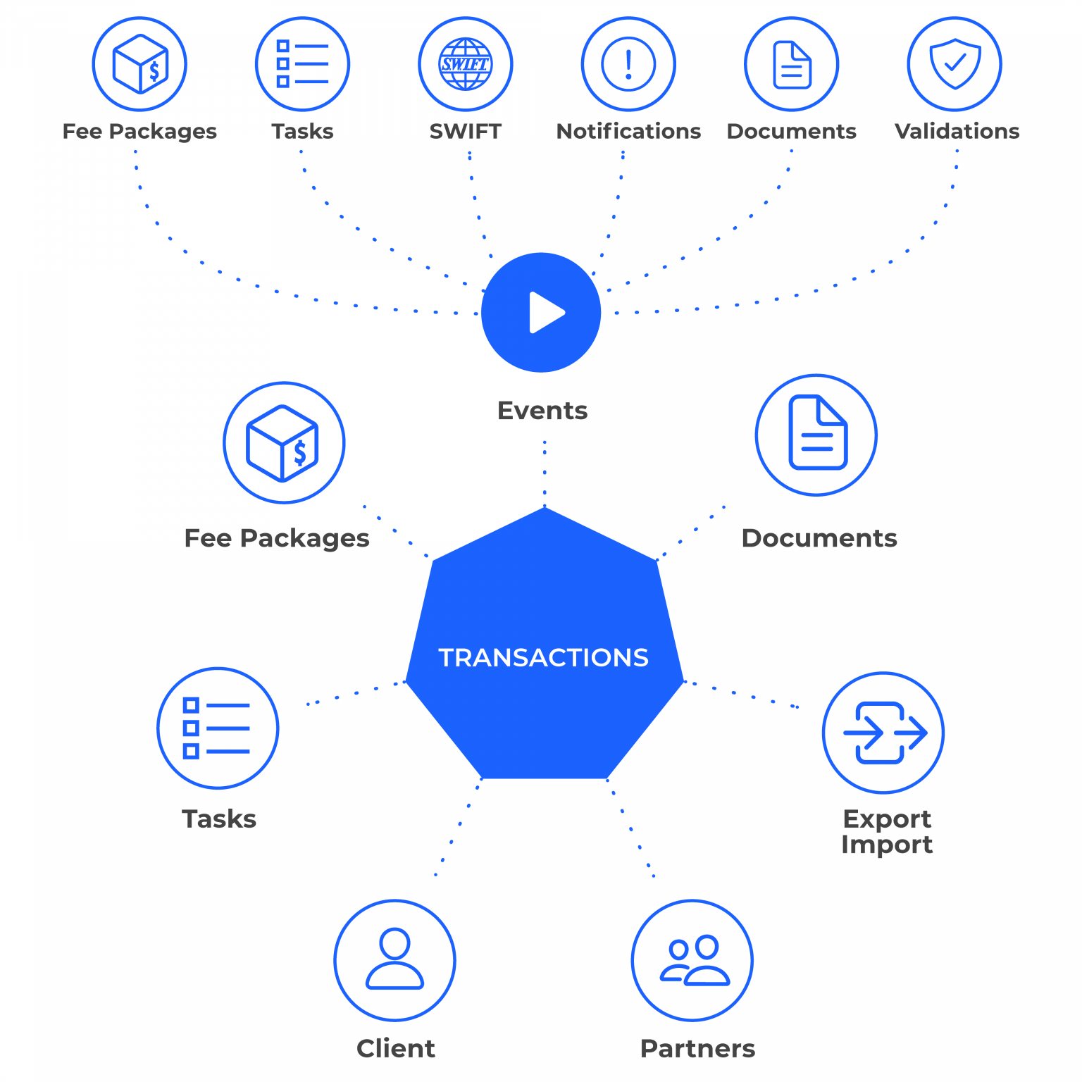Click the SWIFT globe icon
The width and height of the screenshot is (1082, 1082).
pos(465,64)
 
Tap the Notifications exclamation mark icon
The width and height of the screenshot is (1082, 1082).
pos(628,64)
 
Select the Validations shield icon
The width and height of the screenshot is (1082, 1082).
pos(954,63)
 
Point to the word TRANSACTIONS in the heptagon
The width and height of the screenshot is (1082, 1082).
pos(543,657)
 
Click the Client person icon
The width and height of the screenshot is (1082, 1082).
pos(394,959)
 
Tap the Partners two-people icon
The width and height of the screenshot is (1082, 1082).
pos(694,959)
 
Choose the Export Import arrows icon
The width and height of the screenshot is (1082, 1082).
pos(884,733)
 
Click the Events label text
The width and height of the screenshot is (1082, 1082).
pos(542,410)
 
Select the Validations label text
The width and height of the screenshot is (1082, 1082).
pos(957,131)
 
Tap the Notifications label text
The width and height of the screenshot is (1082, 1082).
pos(628,131)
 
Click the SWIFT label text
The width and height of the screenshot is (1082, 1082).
pos(465,131)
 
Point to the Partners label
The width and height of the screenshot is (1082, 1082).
pos(697,1048)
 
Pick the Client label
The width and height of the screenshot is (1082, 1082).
pos(396,1048)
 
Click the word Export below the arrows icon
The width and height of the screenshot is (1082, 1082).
pos(887,819)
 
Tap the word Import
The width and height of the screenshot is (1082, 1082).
pos(887,844)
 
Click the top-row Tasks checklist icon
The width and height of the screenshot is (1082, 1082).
pos(302,64)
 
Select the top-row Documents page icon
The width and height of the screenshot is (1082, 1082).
pos(792,64)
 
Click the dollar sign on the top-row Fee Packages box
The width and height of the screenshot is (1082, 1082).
pos(154,71)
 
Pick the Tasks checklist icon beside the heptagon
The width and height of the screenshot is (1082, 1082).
pos(217,728)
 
